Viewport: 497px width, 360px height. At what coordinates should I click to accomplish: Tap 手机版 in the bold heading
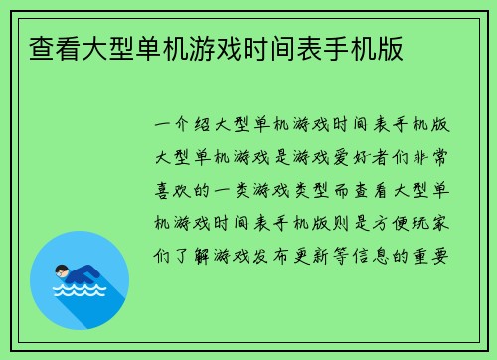click(370, 46)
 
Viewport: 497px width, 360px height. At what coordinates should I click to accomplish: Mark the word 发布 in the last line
click(287, 253)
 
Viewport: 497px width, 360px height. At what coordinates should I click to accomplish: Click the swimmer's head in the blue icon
click(63, 269)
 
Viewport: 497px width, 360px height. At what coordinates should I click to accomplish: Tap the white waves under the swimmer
click(79, 293)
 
